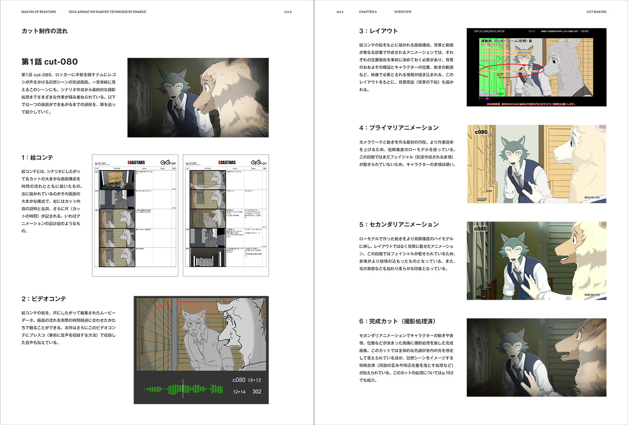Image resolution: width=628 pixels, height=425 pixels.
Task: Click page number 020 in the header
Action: point(288,12)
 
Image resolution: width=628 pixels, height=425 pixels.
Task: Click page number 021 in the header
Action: point(340,12)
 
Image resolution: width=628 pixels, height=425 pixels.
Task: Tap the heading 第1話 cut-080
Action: point(49,62)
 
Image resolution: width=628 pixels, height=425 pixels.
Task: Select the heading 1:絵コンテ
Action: point(37,158)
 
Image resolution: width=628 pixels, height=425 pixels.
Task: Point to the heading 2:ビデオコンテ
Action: point(44,299)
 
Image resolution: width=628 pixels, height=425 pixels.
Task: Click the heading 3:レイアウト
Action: point(378,31)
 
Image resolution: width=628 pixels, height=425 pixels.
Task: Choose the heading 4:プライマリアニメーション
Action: point(399,128)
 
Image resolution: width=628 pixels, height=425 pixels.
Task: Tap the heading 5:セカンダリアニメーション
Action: point(399,225)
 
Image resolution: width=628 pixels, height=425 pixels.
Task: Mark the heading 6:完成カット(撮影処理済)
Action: point(397,321)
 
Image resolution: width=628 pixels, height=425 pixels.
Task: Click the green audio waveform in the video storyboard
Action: point(183,389)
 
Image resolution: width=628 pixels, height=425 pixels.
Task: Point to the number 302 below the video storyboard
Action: point(257,392)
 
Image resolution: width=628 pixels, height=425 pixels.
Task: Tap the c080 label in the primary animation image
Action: point(481,132)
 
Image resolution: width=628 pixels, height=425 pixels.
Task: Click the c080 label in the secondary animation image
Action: point(480,229)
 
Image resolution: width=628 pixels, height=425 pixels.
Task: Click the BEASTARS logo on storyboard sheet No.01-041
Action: point(136,162)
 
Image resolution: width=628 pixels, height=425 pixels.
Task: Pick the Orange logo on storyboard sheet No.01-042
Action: point(259,162)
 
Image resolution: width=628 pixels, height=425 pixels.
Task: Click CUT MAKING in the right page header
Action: point(596,12)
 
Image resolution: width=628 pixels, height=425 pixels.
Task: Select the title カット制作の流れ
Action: point(44,31)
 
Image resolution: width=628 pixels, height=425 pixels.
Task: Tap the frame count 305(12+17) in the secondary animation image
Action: point(591,295)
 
